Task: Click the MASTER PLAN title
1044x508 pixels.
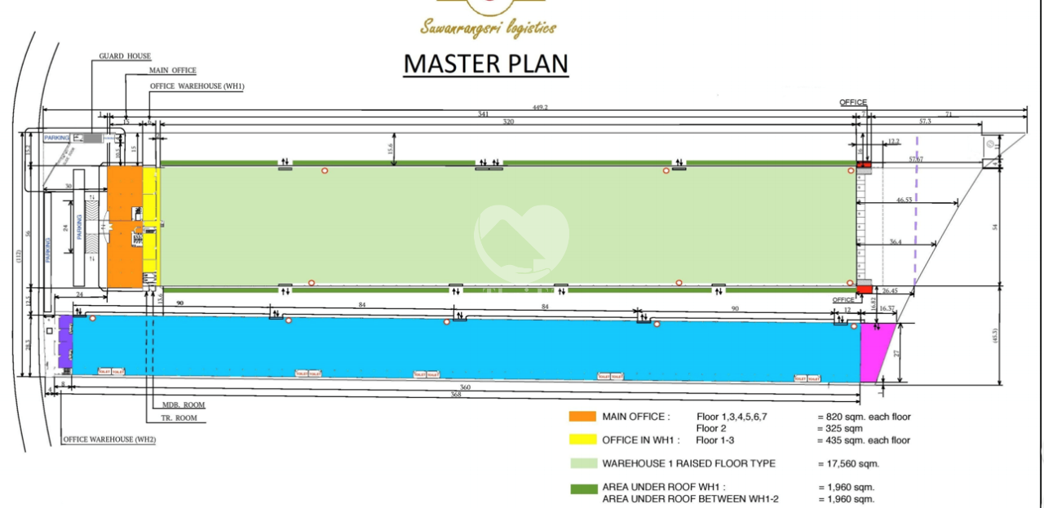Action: [x=486, y=64]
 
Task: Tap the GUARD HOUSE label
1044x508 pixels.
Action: [x=125, y=56]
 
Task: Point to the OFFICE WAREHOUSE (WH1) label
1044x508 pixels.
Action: [x=197, y=86]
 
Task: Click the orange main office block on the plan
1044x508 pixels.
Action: [x=125, y=226]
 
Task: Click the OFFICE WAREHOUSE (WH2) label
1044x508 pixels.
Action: [x=108, y=440]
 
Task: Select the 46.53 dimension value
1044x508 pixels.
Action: [x=904, y=199]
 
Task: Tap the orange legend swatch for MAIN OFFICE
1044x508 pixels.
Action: [x=582, y=417]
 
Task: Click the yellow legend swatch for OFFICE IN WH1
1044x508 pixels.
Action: [x=582, y=440]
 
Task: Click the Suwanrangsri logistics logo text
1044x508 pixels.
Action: [x=488, y=29]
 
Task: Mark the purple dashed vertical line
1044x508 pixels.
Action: [x=916, y=212]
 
